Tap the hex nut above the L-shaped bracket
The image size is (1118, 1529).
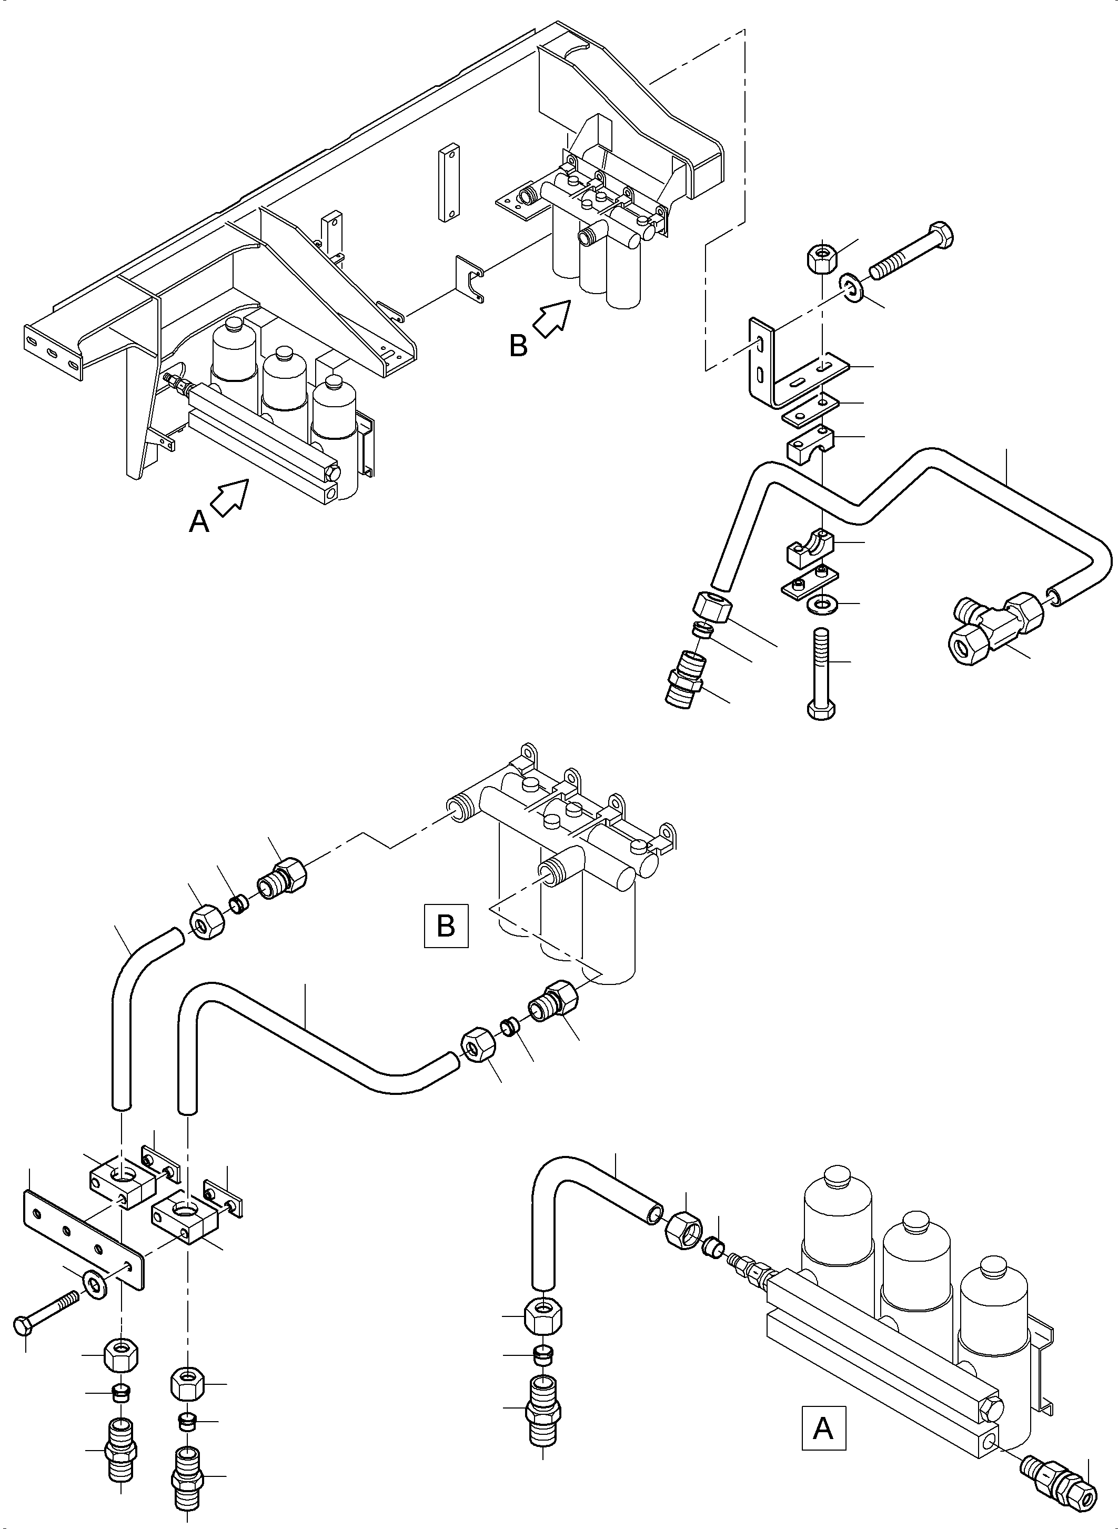(x=821, y=256)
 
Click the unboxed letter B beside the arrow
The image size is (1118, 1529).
(x=518, y=347)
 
